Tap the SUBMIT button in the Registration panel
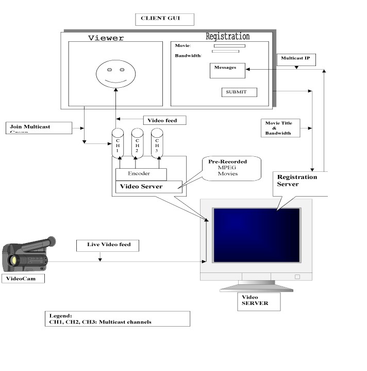239,92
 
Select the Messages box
227,70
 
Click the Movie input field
229,46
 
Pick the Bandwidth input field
225,51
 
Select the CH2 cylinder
137,141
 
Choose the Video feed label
163,120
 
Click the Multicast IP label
295,59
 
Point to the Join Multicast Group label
39,127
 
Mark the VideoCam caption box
23,279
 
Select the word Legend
60,315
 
